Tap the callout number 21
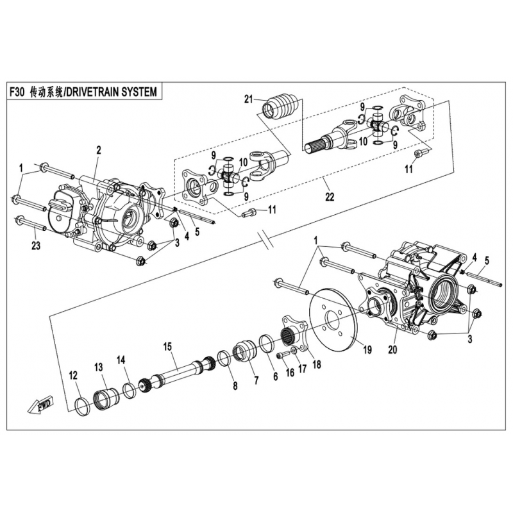(x=249, y=99)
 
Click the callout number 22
(x=330, y=197)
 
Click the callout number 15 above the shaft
(x=167, y=346)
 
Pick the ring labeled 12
(x=83, y=407)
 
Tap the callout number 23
(x=36, y=245)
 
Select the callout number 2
(x=99, y=150)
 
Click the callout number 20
(x=392, y=349)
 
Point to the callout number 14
(x=121, y=360)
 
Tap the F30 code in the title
(x=17, y=92)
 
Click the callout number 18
(x=317, y=364)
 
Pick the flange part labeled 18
(x=294, y=333)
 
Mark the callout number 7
(x=256, y=380)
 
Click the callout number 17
(x=302, y=369)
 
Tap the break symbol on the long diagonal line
(x=265, y=240)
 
